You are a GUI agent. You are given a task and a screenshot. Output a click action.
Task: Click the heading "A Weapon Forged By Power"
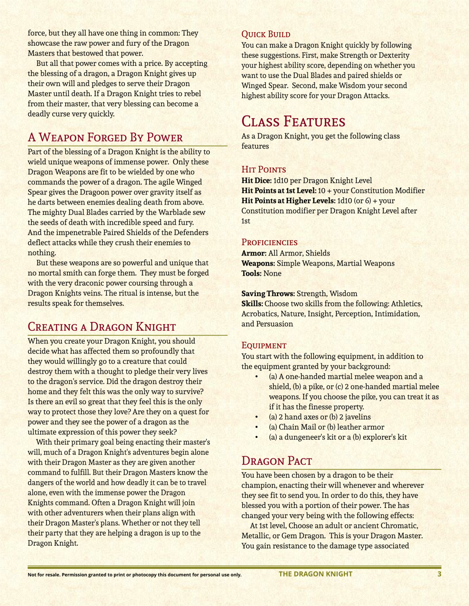[105, 138]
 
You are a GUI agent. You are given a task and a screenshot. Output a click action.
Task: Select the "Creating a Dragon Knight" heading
[102, 327]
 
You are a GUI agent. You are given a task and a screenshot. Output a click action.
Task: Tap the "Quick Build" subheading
[266, 34]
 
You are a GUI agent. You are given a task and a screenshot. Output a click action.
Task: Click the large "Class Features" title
[293, 121]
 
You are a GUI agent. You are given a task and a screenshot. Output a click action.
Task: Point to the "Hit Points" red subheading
[263, 169]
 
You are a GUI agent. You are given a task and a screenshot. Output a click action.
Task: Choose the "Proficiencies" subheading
[269, 242]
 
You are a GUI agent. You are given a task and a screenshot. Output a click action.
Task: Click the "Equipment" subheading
[264, 345]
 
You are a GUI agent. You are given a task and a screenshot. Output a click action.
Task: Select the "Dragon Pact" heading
[277, 461]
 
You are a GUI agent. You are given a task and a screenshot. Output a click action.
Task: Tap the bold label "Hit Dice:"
[256, 180]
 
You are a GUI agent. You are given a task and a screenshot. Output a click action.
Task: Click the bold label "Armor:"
[254, 253]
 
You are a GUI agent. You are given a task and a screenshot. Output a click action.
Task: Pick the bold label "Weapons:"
[258, 263]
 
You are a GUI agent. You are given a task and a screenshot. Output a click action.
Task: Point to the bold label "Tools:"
[251, 273]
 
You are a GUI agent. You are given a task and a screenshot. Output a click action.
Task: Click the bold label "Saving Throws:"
[268, 293]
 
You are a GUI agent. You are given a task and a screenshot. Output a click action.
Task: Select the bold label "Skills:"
[252, 304]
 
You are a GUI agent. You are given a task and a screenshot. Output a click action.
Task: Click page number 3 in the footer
[439, 574]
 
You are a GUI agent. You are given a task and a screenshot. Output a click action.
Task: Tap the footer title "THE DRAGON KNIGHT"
[315, 574]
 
